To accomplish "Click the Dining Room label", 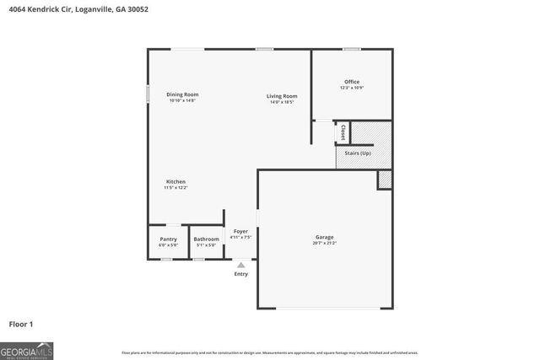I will tap(181, 94).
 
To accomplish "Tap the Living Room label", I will tap(282, 96).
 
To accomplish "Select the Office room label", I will tap(351, 82).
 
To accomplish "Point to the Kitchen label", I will tap(175, 182).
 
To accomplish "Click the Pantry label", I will tap(169, 239).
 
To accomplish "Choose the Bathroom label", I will tap(206, 239).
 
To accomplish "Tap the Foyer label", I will tap(240, 231).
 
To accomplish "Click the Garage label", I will tap(325, 237).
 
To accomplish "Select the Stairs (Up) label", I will tap(358, 153).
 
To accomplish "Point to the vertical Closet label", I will tap(343, 132).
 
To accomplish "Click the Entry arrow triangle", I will tap(240, 265).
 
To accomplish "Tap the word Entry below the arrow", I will tap(240, 274).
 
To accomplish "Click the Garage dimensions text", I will tap(325, 243).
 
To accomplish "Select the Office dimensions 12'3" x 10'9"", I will tap(351, 88).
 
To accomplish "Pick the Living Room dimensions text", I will tap(282, 102).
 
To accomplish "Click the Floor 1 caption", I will tap(21, 324).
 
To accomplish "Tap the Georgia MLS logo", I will tap(27, 350).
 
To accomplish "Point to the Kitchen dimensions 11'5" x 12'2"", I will tap(175, 188).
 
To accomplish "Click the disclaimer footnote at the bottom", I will tap(269, 352).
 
